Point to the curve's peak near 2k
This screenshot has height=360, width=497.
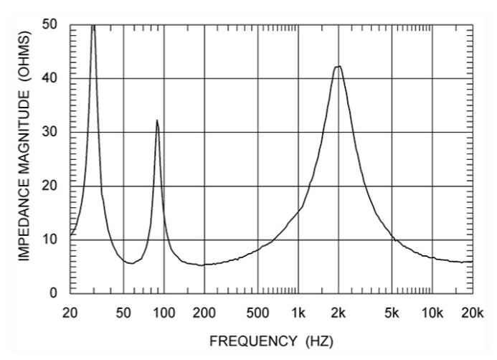click(339, 67)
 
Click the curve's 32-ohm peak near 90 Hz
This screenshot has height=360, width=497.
click(157, 120)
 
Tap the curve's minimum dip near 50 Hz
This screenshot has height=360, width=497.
click(129, 263)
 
